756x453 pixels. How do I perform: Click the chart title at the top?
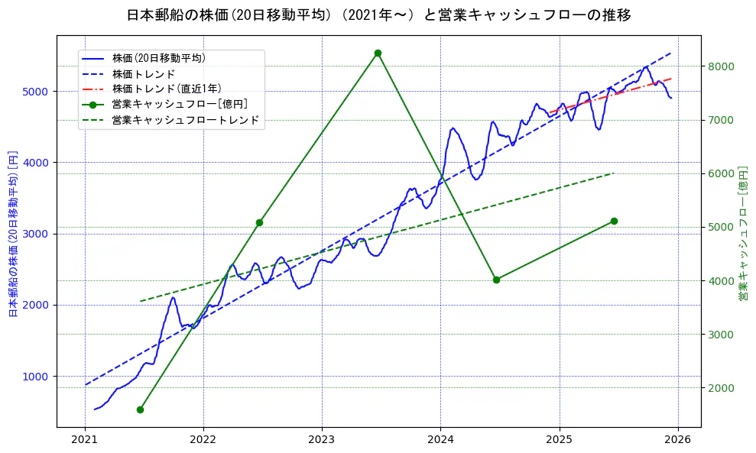coord(378,15)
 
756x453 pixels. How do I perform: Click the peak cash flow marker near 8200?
coord(378,53)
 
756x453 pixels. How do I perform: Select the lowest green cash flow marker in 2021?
coord(140,409)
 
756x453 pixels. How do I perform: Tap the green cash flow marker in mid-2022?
coord(259,222)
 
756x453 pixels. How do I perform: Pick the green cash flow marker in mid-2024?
coord(496,280)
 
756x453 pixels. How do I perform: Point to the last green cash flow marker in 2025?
coord(614,221)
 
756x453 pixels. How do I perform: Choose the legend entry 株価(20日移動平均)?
coord(158,57)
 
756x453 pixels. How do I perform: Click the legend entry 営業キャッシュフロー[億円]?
coord(179,104)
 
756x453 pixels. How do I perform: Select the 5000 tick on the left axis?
coord(38,92)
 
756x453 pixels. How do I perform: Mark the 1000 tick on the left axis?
coord(38,377)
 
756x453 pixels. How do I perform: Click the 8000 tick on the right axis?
coord(720,66)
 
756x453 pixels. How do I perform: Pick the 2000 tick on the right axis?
coord(720,388)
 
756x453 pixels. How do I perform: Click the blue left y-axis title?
coord(13,233)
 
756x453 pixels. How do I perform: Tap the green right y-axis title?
coord(742,233)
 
